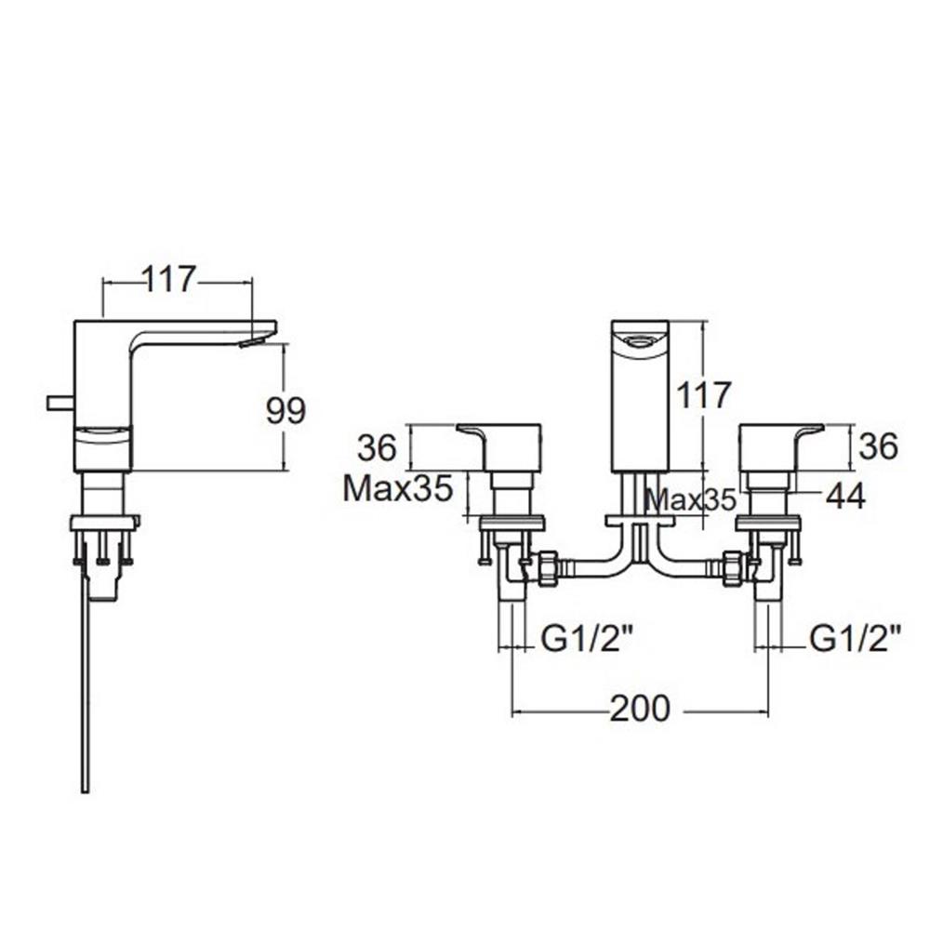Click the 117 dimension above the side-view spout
[169, 278]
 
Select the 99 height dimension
[286, 410]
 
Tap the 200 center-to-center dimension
[639, 709]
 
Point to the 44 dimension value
[844, 497]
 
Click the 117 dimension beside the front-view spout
[704, 394]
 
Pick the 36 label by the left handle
[378, 447]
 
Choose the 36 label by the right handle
[877, 447]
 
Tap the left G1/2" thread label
[587, 638]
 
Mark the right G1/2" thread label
[856, 638]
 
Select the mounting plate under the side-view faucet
[104, 522]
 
